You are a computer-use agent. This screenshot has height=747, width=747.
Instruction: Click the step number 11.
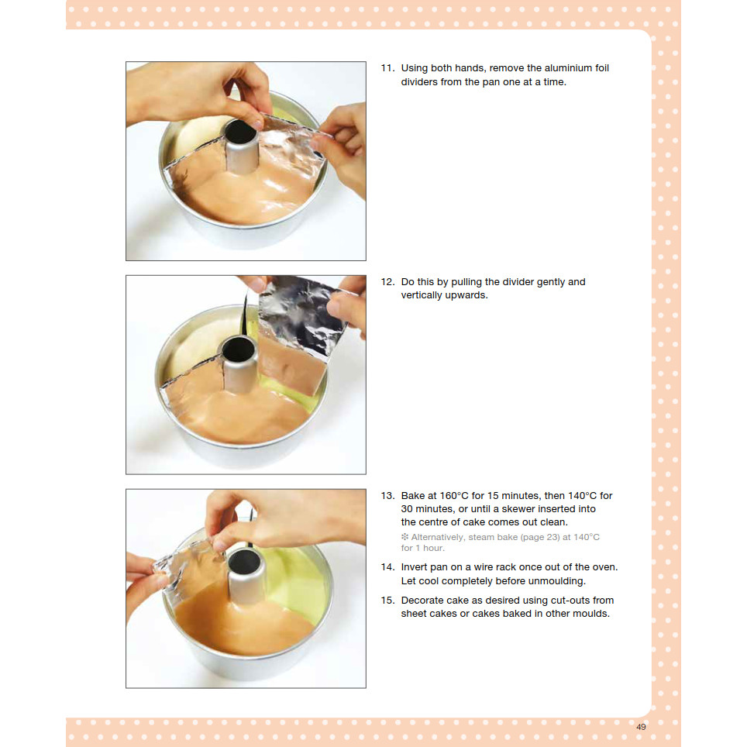pos(387,68)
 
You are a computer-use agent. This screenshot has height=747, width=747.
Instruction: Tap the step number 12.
pos(387,281)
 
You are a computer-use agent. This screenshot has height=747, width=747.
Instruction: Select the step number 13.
pos(387,495)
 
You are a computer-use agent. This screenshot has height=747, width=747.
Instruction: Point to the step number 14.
pos(387,567)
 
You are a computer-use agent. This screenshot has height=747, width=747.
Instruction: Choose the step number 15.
pos(387,601)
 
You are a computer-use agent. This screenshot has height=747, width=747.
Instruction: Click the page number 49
pos(641,727)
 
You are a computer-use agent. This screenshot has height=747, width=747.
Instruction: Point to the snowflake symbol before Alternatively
pos(404,537)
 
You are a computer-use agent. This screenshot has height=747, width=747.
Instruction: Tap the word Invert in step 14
pos(414,567)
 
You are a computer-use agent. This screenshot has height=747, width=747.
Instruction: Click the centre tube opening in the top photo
pos(241,132)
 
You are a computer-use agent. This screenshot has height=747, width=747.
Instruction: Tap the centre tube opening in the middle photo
pos(239,349)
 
